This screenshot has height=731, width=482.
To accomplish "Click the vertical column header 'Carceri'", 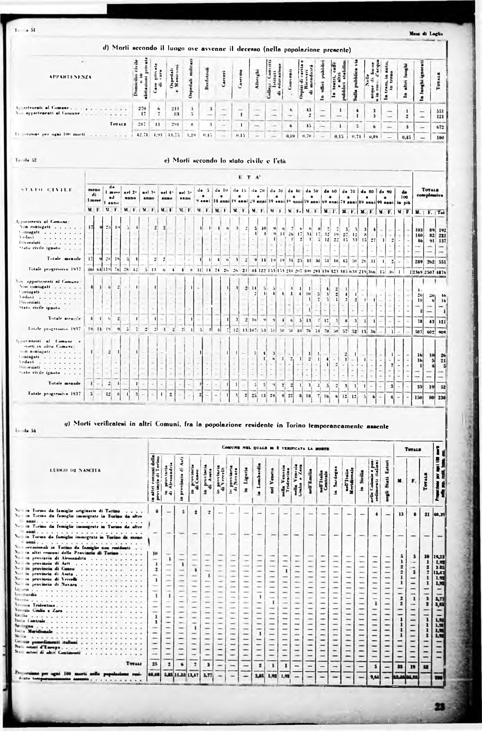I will point(224,79).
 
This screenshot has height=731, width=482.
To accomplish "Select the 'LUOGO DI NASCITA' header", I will point(74,470).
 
